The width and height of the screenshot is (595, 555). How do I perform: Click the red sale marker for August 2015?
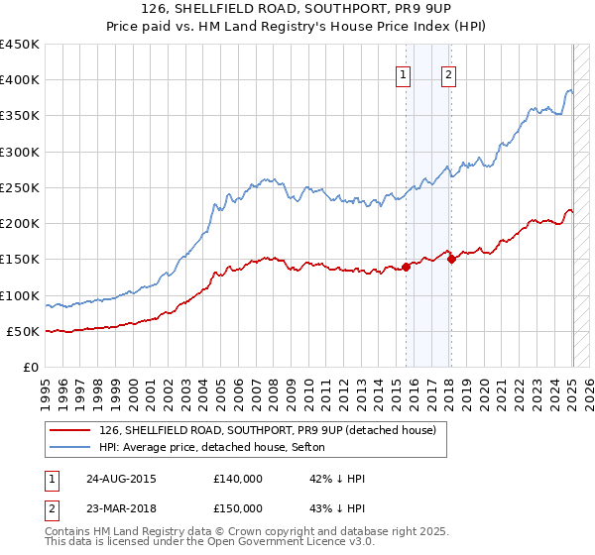407,267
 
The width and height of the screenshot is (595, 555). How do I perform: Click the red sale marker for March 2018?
451,260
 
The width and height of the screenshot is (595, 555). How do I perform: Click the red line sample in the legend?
70,429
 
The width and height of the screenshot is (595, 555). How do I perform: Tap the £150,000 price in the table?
238,508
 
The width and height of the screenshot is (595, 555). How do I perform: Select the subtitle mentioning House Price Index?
298,29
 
